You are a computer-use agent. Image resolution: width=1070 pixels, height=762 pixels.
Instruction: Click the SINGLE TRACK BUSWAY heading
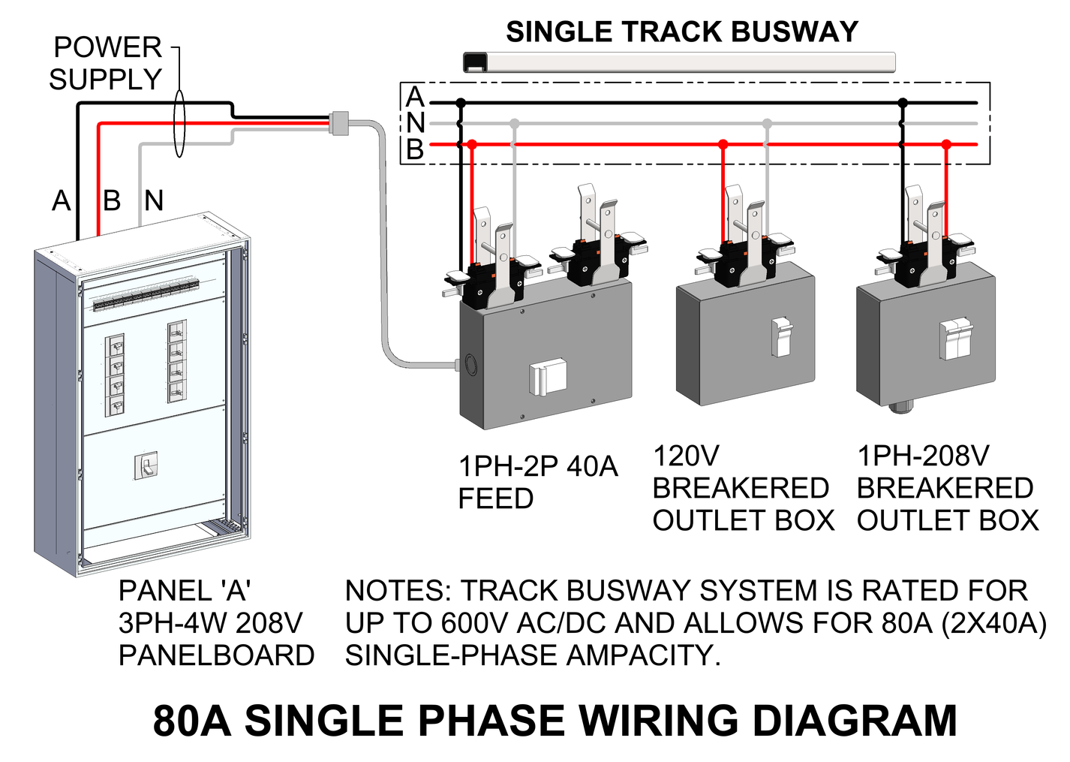coord(681,32)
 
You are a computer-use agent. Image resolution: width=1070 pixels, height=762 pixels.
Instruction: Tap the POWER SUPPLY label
coord(107,63)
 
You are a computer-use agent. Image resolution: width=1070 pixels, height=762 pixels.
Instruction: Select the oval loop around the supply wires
coord(179,124)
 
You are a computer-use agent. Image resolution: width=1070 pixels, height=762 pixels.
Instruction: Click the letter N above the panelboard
coord(154,201)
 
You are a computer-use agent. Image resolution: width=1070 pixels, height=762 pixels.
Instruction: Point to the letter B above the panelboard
coord(112,201)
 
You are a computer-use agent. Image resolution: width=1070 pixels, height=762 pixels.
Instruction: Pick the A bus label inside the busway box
coord(415,97)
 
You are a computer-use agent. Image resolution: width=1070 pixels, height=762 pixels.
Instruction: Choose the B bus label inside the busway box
coord(415,150)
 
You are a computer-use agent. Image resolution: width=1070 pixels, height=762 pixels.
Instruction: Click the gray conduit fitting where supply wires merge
coord(339,123)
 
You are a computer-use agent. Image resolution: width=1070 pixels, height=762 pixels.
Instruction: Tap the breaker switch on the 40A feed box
coord(546,378)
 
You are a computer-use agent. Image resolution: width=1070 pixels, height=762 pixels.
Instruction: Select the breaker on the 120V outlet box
coord(782,336)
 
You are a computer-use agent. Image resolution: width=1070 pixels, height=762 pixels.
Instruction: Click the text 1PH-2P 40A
coord(538,467)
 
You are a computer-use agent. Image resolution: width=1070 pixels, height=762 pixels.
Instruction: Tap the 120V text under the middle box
coord(686,456)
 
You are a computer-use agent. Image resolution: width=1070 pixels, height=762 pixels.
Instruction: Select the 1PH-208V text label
coord(923,456)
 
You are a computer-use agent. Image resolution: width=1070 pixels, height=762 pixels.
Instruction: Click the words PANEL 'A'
coord(184,592)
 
